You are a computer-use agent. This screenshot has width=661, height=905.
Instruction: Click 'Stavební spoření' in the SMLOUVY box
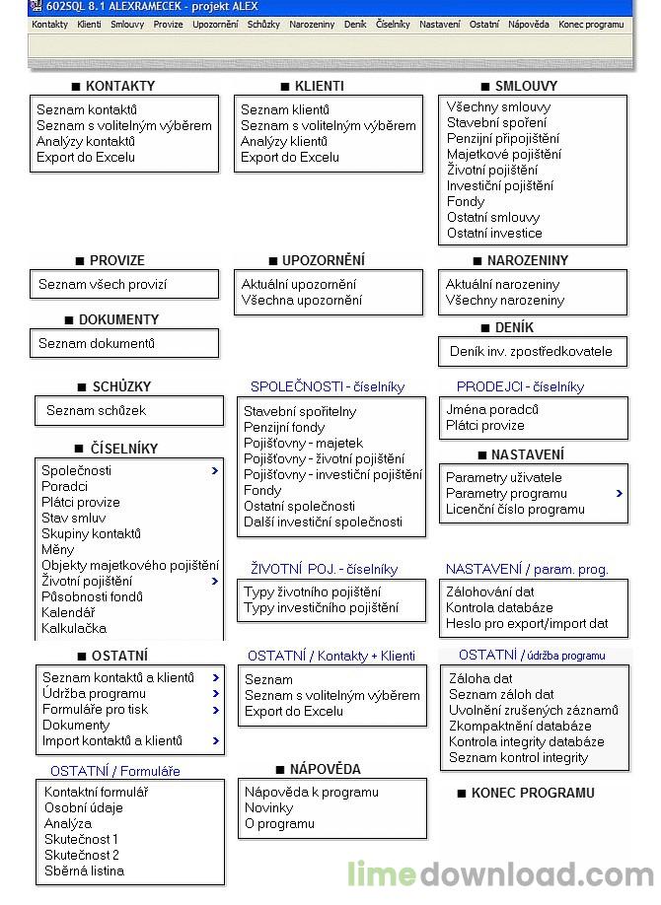496,123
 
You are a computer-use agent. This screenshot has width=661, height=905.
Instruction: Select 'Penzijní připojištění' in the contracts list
502,139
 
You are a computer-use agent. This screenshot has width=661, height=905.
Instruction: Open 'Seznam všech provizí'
103,285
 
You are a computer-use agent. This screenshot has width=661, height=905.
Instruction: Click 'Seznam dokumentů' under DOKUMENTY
97,344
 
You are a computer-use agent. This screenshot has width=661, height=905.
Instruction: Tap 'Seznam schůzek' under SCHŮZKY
96,411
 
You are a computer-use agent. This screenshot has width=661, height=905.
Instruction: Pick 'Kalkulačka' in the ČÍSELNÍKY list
74,628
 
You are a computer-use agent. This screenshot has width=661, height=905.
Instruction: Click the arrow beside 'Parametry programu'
620,493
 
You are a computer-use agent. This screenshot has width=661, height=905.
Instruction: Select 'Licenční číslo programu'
515,510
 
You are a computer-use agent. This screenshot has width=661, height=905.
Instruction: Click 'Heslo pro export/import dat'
528,624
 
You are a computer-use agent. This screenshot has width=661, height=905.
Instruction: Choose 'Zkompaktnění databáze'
520,727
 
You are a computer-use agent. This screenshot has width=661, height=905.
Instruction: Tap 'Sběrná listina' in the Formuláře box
84,871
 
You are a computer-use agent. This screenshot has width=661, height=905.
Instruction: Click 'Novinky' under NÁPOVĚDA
268,808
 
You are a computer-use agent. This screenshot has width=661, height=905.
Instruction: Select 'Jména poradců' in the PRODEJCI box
492,410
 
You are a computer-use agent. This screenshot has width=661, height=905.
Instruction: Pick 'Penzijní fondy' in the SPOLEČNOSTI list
284,428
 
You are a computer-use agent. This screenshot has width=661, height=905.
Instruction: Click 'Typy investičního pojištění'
322,608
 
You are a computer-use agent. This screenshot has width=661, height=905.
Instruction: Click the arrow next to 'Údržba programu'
215,694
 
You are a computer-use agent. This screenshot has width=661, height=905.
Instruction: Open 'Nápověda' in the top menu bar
529,24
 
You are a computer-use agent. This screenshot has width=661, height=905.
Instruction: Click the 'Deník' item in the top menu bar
355,24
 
